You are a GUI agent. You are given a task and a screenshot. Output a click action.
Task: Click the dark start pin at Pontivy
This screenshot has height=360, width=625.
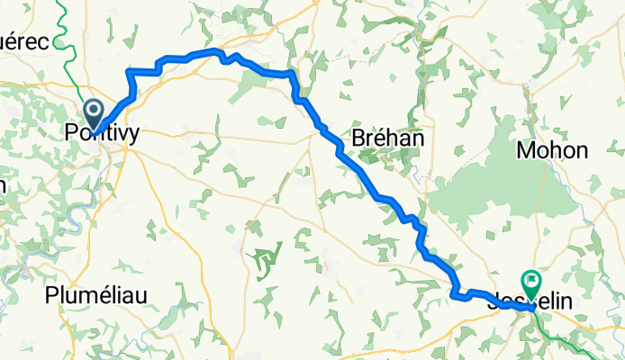[94, 113]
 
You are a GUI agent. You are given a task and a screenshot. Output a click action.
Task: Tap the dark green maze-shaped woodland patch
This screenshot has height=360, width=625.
[263, 262]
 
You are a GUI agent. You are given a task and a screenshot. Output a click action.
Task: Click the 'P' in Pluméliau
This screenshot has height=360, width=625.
[52, 294]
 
